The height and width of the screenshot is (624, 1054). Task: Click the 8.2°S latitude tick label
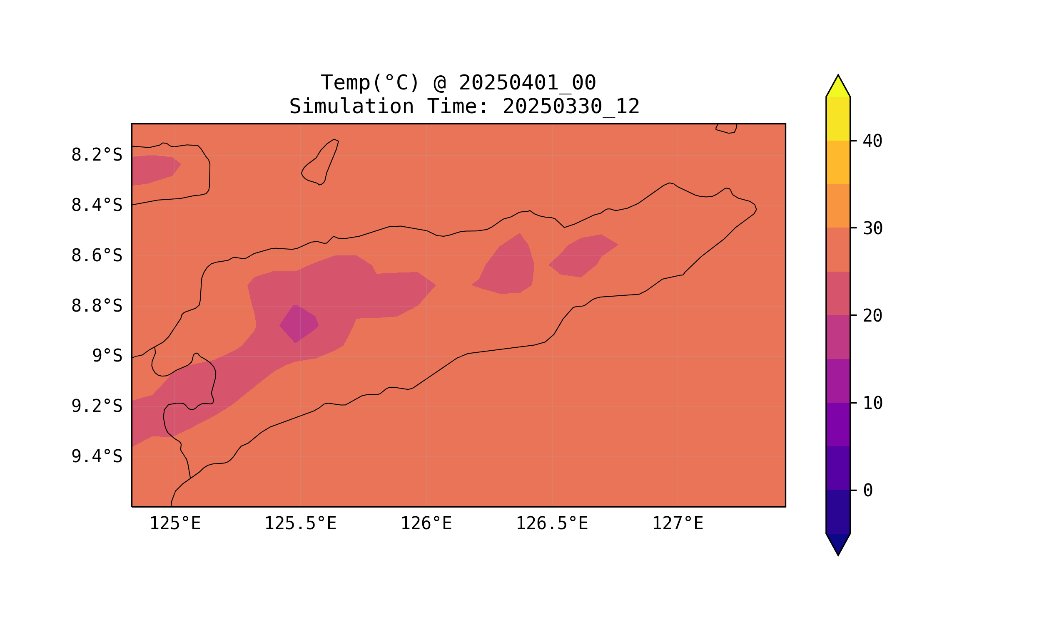coord(96,155)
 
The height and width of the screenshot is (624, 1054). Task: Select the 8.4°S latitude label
coord(96,206)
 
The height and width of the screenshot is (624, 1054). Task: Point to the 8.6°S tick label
coord(96,256)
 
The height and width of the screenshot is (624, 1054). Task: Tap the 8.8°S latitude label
coord(96,306)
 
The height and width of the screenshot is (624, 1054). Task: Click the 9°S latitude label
coord(107,356)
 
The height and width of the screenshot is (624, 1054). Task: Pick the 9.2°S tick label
coord(96,406)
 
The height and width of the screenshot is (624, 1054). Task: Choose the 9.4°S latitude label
coord(96,457)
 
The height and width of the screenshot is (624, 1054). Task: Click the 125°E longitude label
coord(175,524)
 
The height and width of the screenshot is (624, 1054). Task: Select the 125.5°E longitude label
coord(300,524)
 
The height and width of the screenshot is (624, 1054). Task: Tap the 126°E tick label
coord(426,524)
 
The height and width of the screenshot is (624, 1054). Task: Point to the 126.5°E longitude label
coord(551,524)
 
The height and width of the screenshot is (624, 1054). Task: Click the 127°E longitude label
coord(677,524)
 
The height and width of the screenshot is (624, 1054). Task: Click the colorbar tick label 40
coord(872,141)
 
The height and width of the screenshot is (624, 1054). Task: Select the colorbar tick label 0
coord(867,491)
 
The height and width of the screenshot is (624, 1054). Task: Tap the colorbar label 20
coord(872,316)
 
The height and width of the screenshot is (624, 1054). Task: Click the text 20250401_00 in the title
coord(527,83)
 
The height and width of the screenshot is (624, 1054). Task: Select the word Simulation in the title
coord(351,107)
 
